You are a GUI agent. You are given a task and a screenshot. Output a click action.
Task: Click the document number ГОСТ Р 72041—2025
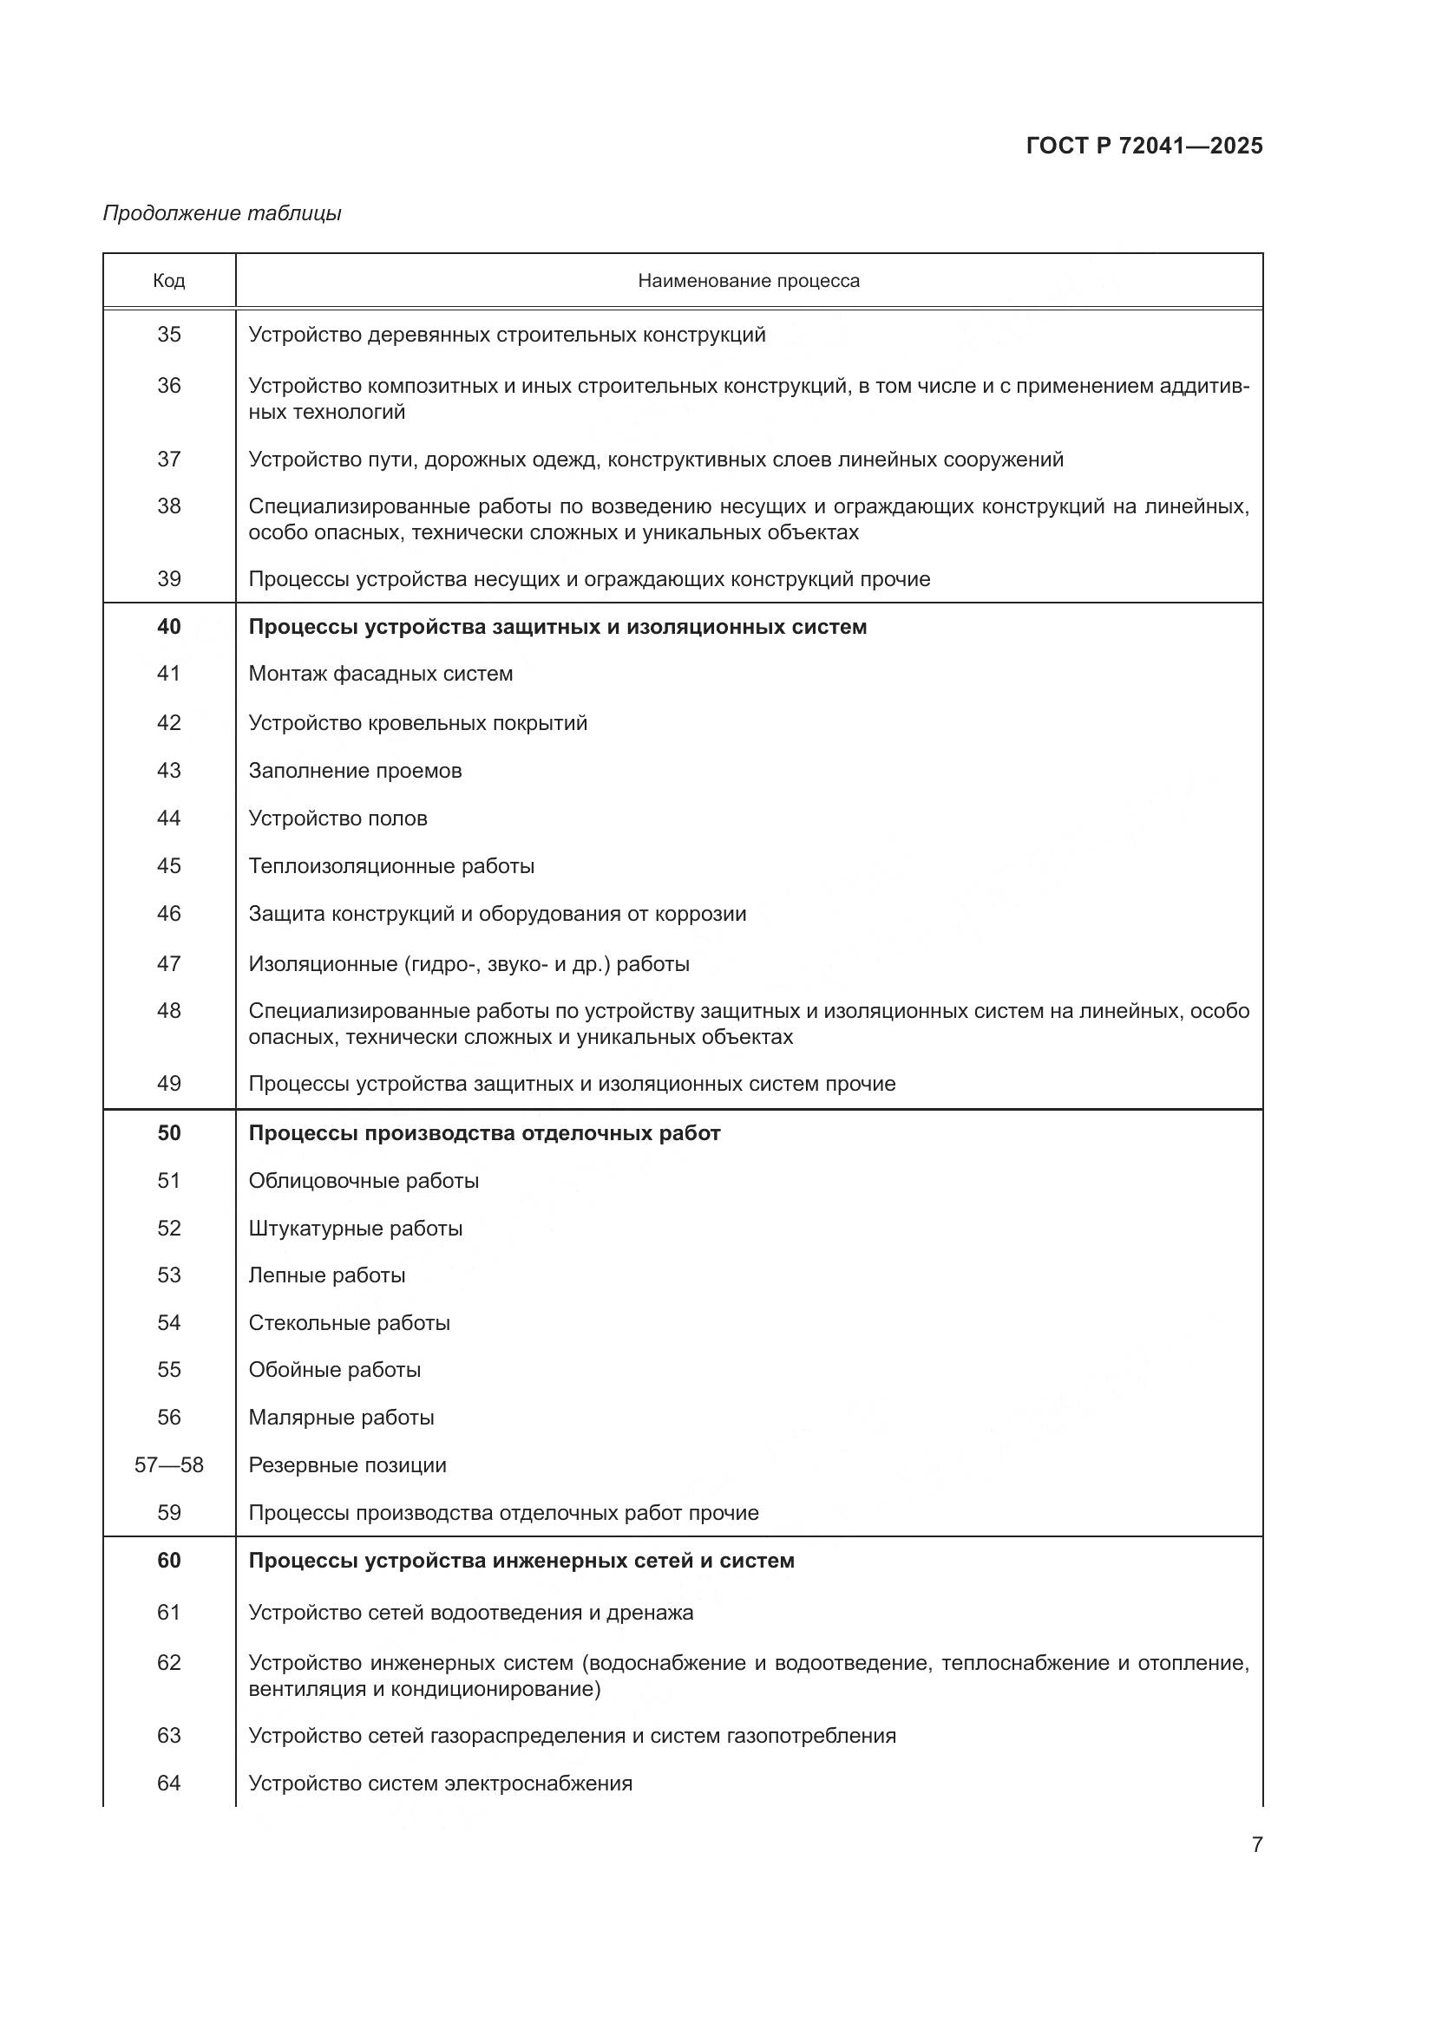click(x=1143, y=146)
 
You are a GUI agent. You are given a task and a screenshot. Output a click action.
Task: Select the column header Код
click(x=169, y=281)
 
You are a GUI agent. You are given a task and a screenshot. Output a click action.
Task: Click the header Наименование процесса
click(x=749, y=281)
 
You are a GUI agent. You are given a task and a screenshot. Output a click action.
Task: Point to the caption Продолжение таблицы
click(x=222, y=213)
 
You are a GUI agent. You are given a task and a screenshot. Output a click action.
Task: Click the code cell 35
click(x=169, y=335)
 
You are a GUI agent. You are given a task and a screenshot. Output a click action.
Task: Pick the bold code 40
click(x=169, y=626)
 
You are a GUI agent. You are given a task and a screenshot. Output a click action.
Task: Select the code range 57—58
click(x=169, y=1465)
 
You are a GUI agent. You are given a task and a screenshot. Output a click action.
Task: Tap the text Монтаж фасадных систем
click(x=380, y=674)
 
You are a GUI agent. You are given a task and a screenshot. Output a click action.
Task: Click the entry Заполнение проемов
click(x=354, y=771)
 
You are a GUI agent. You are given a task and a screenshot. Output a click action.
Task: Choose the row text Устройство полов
click(x=337, y=818)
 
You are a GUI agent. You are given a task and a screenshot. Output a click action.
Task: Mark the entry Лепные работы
click(x=327, y=1275)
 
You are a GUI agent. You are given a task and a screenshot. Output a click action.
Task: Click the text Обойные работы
click(x=334, y=1370)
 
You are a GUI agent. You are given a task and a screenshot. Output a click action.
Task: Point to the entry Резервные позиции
click(x=347, y=1465)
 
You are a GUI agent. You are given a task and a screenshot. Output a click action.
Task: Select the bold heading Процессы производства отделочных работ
click(x=484, y=1133)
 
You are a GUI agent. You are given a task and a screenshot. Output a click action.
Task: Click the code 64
click(x=169, y=1783)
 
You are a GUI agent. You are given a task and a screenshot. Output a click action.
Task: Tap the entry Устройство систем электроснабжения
click(x=440, y=1783)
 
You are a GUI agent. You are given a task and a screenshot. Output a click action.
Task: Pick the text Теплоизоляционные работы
click(x=391, y=866)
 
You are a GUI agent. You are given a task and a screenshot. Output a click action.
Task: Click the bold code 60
click(x=169, y=1561)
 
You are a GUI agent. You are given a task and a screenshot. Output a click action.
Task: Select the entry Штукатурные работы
click(x=355, y=1229)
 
